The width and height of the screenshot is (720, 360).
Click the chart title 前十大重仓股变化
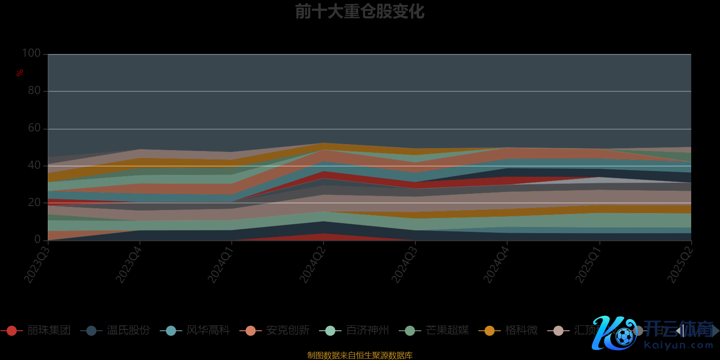pyautogui.click(x=360, y=12)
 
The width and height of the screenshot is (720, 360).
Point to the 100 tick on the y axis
pyautogui.click(x=31, y=53)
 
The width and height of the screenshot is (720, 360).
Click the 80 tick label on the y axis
pyautogui.click(x=34, y=90)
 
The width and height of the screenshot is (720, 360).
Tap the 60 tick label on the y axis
pyautogui.click(x=34, y=128)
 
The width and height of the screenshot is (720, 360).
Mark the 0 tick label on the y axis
pyautogui.click(x=37, y=239)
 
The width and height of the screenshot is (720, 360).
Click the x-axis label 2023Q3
pyautogui.click(x=36, y=265)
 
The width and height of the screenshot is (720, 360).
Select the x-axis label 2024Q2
pyautogui.click(x=312, y=265)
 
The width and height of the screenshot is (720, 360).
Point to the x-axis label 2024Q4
pyautogui.click(x=496, y=265)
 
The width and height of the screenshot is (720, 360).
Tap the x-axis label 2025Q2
pyautogui.click(x=680, y=265)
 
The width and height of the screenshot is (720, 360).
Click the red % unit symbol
pyautogui.click(x=20, y=73)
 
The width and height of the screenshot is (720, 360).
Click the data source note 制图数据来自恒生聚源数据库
pyautogui.click(x=360, y=355)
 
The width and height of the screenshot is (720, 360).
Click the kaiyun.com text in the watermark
pyautogui.click(x=679, y=345)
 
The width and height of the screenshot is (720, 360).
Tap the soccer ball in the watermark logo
pyautogui.click(x=625, y=336)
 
